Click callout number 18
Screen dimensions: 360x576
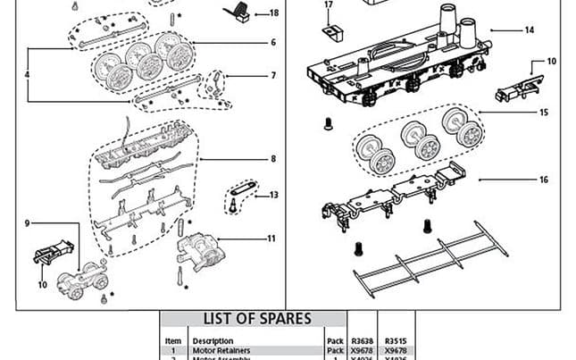(x=273, y=13)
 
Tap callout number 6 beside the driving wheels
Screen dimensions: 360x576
(x=273, y=42)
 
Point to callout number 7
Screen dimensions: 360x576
(x=273, y=76)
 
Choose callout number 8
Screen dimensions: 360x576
(x=273, y=159)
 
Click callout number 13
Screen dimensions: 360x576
(x=273, y=195)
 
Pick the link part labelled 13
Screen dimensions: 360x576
(x=240, y=188)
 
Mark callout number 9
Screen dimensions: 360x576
(x=28, y=222)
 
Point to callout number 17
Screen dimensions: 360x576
(x=328, y=5)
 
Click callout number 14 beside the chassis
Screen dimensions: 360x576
(x=529, y=30)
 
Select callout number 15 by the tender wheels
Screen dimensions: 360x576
(x=543, y=112)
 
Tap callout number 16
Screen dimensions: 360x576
(x=543, y=180)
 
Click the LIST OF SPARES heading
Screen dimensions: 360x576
(x=257, y=319)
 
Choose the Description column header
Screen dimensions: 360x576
(x=213, y=340)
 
